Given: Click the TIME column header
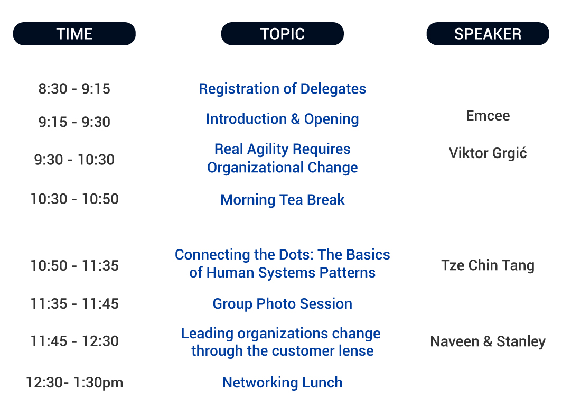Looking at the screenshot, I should tap(74, 34).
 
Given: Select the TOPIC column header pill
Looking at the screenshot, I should tap(283, 34).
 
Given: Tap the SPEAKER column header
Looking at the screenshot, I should tap(488, 34).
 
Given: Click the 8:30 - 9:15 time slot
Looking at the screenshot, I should tap(74, 89).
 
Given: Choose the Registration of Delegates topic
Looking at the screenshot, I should tap(283, 89).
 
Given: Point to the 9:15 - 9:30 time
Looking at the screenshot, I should tap(74, 122).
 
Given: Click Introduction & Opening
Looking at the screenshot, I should tap(283, 119).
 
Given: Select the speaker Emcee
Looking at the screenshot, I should tap(488, 116).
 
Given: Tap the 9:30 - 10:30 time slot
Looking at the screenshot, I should tap(74, 160).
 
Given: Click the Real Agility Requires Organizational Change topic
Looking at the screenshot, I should tap(283, 159).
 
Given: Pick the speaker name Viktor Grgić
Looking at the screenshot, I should tap(488, 153).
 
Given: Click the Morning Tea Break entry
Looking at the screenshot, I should tap(283, 200).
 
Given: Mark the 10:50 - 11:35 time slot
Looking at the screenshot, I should tap(74, 265).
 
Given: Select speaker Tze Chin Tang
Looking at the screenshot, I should tap(488, 265).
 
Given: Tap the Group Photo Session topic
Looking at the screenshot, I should tap(283, 304).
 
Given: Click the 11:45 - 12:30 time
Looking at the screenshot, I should tap(74, 341).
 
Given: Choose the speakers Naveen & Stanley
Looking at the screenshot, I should tap(488, 341).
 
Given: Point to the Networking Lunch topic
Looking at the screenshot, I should tap(283, 383).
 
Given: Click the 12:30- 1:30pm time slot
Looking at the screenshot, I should tap(74, 383).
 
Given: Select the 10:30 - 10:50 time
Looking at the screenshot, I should tap(74, 199).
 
